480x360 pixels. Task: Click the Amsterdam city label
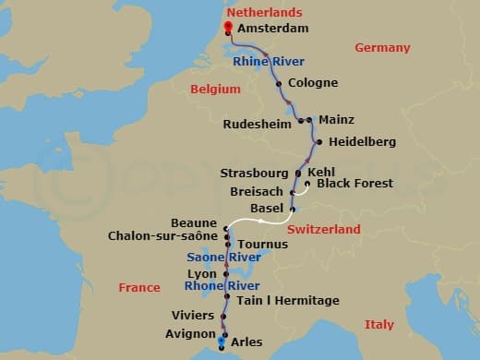tap(272, 30)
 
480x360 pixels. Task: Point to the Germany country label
tap(381, 48)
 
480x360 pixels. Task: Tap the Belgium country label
tap(215, 90)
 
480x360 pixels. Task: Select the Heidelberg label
tap(362, 142)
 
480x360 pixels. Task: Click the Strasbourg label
tap(255, 173)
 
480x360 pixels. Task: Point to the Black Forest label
tap(354, 184)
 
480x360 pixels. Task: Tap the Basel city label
tap(267, 209)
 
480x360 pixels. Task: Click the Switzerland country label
tap(323, 229)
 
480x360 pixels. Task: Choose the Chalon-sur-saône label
tap(162, 236)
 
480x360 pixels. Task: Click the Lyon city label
tap(202, 274)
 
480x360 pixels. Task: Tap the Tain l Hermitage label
tap(288, 301)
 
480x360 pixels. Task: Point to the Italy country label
tap(379, 325)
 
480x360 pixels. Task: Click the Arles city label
tap(247, 342)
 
